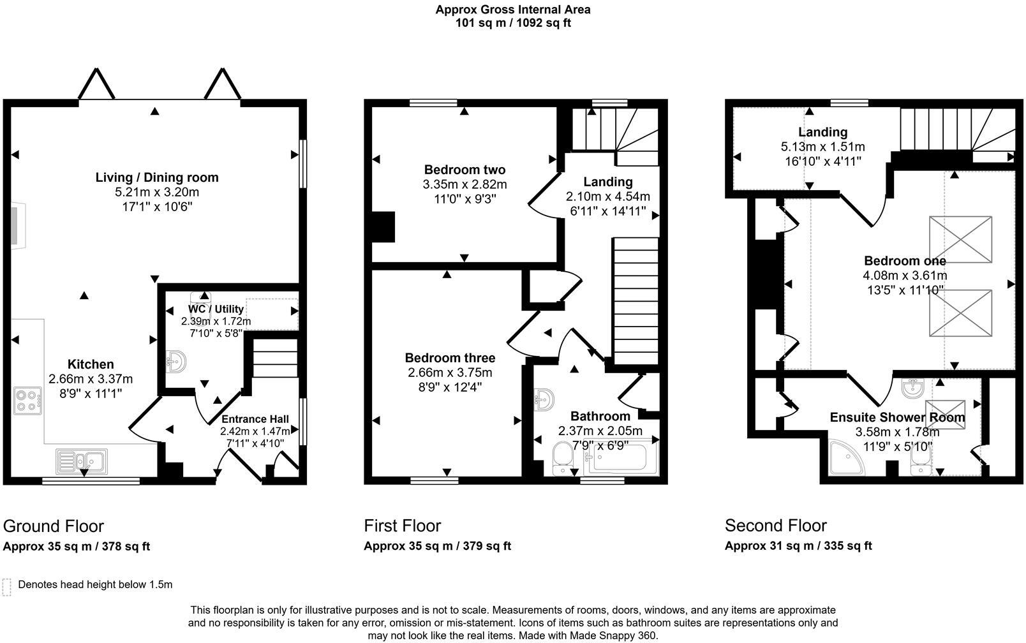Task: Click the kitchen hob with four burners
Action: (x=28, y=401)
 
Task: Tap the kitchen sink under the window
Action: (x=82, y=461)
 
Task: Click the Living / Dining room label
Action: (x=157, y=177)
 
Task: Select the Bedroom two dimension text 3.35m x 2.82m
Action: (x=465, y=184)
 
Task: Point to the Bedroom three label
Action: (x=450, y=357)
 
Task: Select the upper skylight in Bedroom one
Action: (x=960, y=240)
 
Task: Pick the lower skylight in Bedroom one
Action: (x=960, y=313)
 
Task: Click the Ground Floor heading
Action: (x=54, y=526)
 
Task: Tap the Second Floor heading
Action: (x=775, y=526)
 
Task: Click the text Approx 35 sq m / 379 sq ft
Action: (x=437, y=546)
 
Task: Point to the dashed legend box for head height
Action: (x=7, y=587)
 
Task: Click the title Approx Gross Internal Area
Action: (x=512, y=10)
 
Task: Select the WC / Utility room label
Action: (x=216, y=309)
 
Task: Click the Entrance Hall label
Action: (x=255, y=419)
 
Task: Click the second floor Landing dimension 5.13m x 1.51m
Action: (x=822, y=147)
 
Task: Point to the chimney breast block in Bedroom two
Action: (x=383, y=226)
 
